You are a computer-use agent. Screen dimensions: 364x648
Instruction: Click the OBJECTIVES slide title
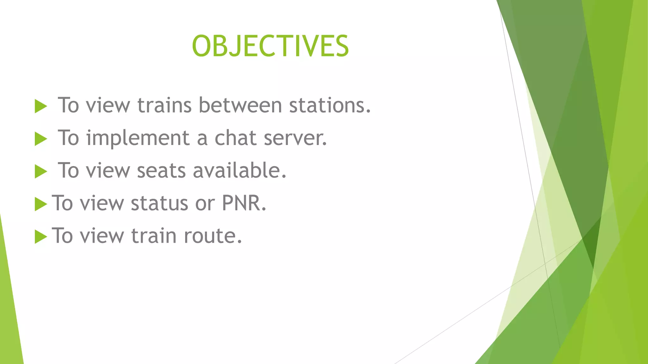pos(270,46)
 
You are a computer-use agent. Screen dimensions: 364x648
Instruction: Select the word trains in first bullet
pos(164,105)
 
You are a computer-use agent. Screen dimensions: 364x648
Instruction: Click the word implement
pos(138,138)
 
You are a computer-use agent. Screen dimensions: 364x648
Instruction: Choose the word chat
pos(235,138)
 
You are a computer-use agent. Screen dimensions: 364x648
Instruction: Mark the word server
pos(295,138)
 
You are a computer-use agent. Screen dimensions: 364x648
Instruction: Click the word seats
pos(161,171)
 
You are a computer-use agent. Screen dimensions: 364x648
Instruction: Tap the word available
pos(239,171)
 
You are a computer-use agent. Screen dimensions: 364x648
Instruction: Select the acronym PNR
pos(244,203)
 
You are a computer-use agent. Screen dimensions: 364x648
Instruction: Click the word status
pos(159,203)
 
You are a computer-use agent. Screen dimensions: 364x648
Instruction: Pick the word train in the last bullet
pos(153,236)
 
